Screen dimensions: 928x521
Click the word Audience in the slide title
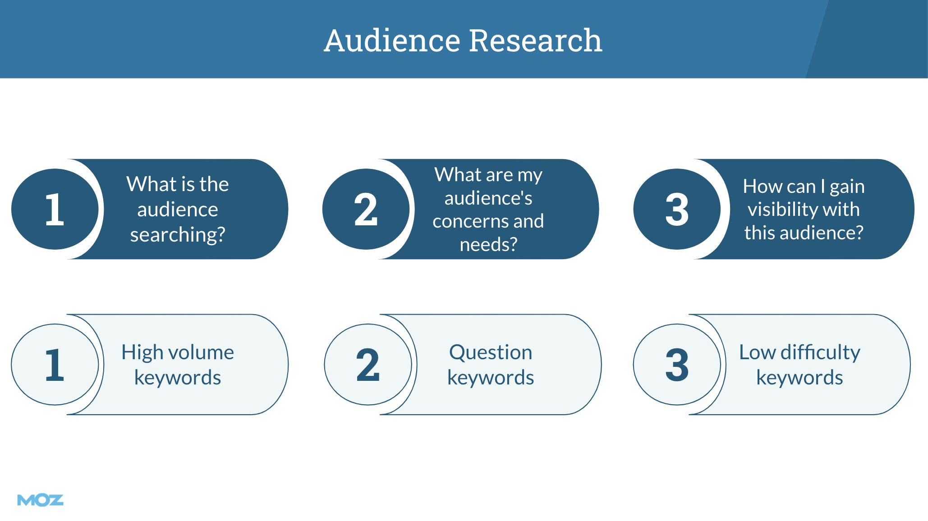[x=392, y=41]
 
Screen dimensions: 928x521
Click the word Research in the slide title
[x=536, y=41]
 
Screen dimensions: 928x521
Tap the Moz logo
[x=40, y=500]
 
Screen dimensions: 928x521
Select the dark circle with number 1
[x=55, y=209]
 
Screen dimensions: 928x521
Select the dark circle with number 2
[x=366, y=209]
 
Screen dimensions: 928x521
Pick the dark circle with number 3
[x=677, y=209]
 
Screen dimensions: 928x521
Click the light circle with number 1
[x=55, y=365]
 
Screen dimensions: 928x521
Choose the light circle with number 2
[x=368, y=365]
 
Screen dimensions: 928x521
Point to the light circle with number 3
[x=677, y=365]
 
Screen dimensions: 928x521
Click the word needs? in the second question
[x=488, y=245]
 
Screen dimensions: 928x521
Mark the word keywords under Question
[x=491, y=378]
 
